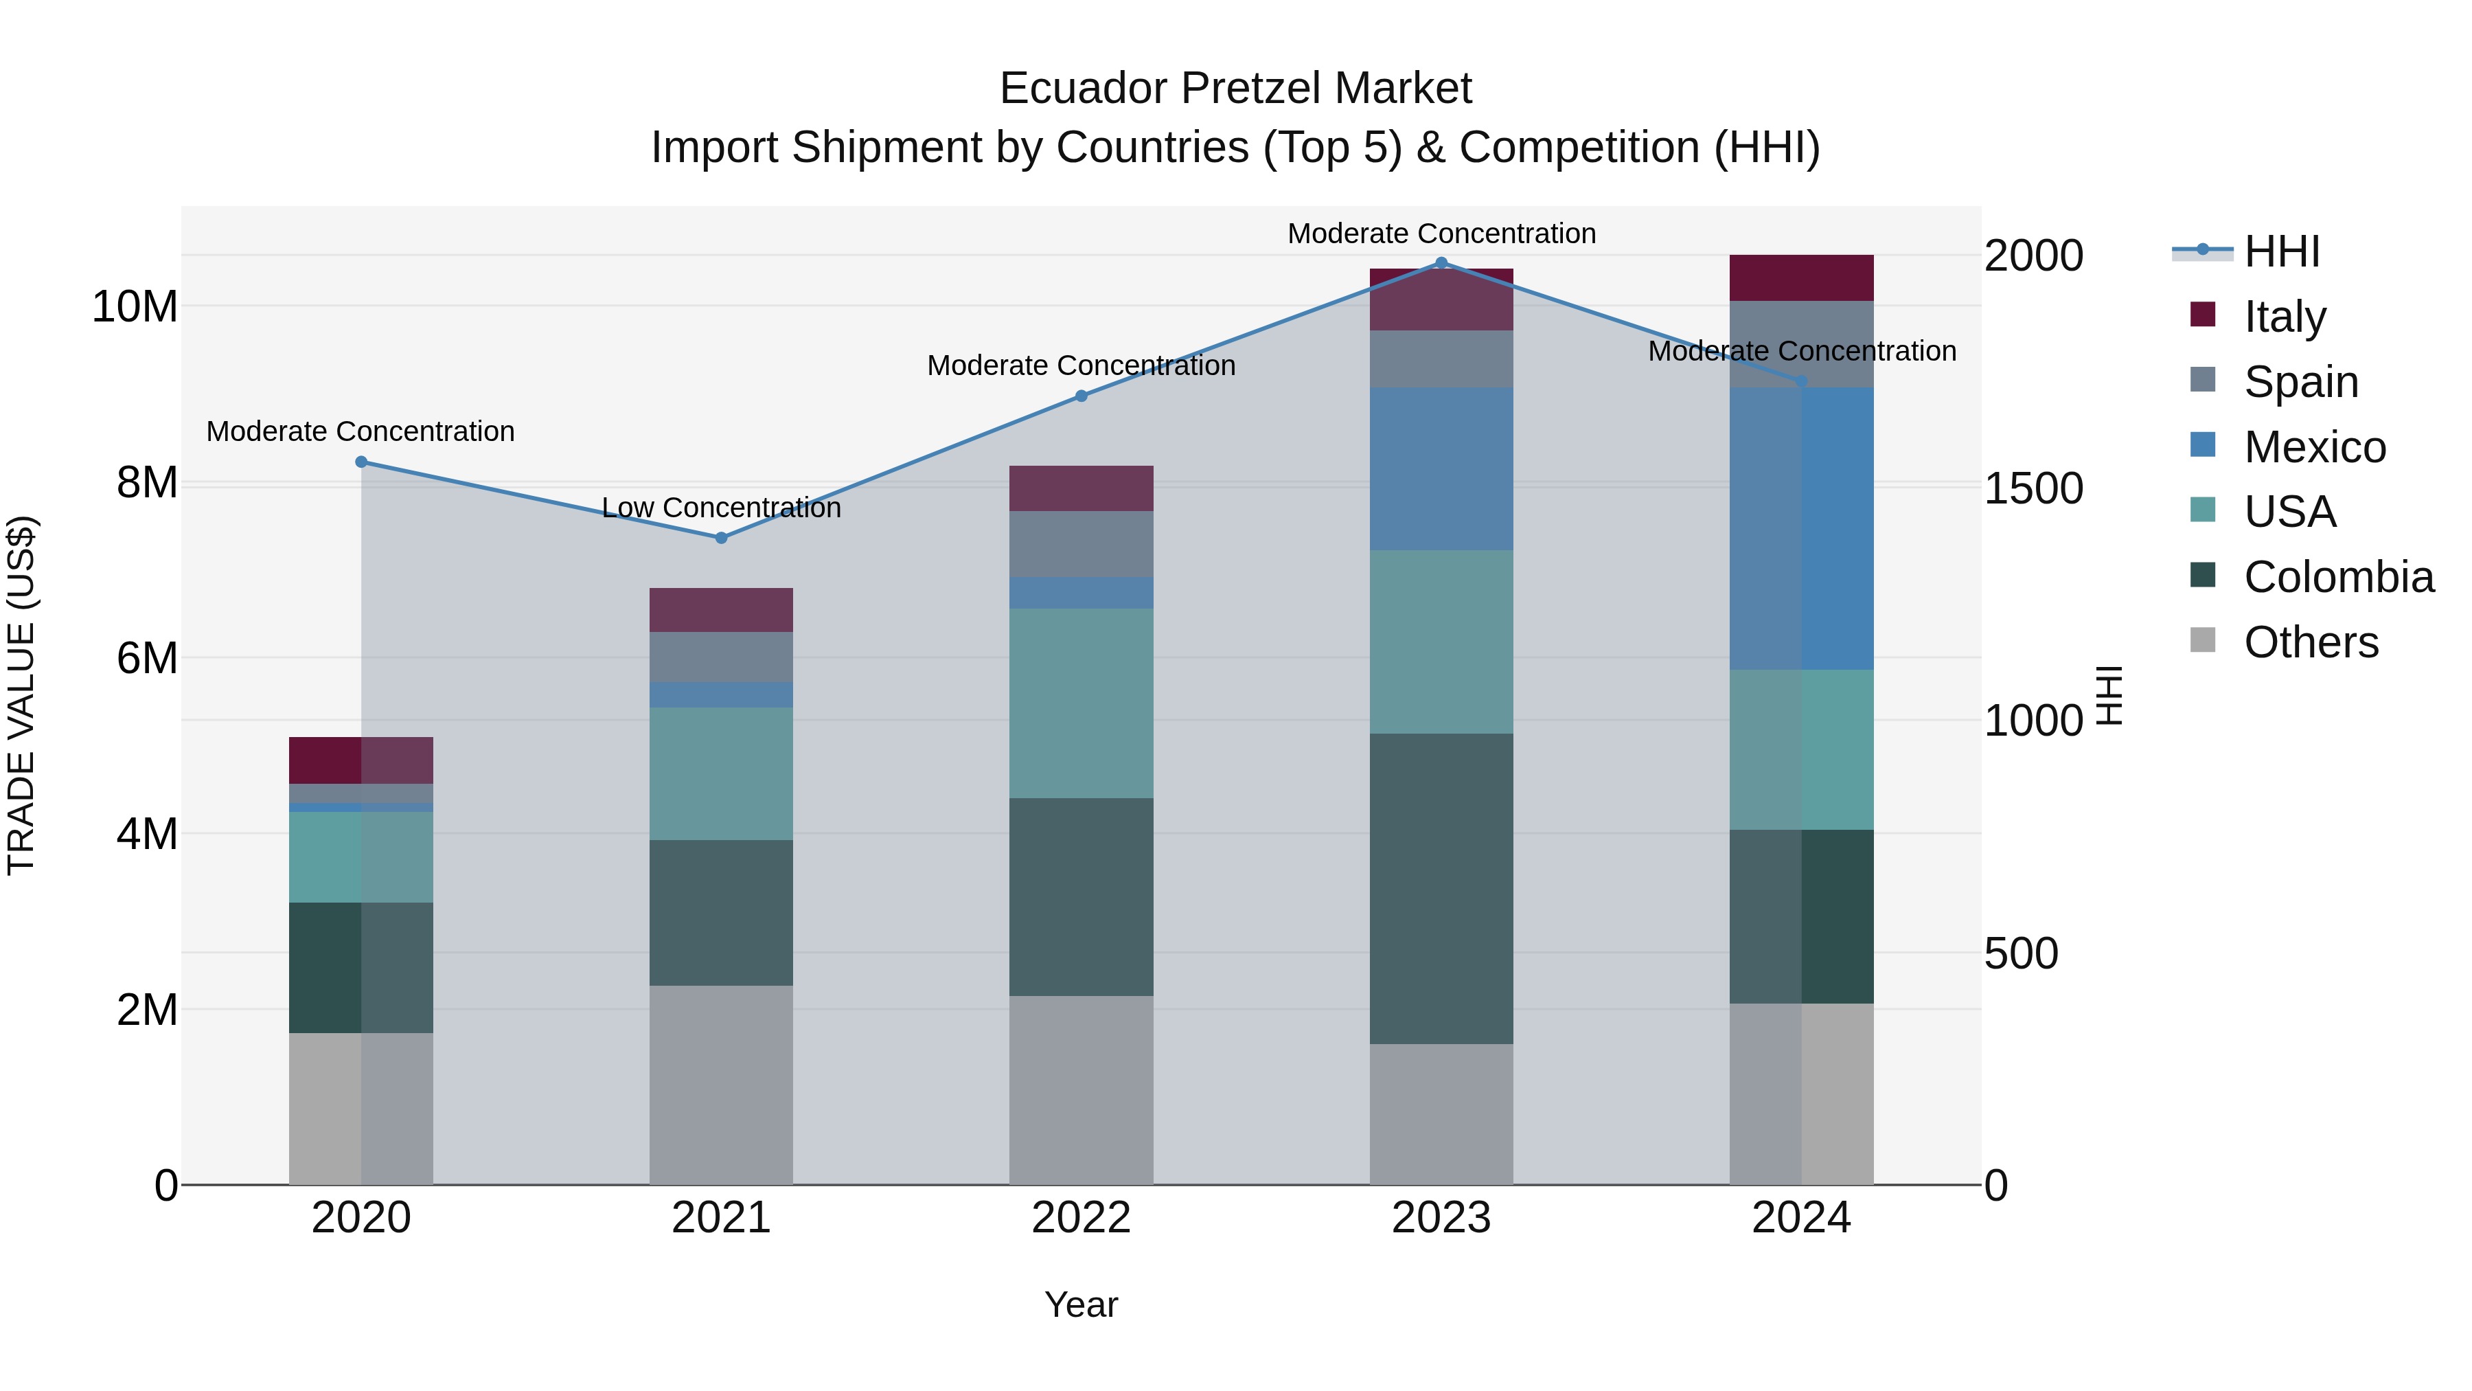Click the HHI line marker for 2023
pos(1441,263)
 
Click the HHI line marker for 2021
pos(722,538)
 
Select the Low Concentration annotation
pos(722,507)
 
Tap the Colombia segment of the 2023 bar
pos(1441,888)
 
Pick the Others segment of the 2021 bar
pos(722,1085)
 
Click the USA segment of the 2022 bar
pos(1081,703)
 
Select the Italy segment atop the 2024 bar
pos(1800,278)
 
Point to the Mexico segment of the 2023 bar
pos(1441,468)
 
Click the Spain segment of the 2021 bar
pos(722,657)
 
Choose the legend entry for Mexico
pos(2313,446)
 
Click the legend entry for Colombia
pos(2337,577)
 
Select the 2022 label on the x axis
pos(1081,1218)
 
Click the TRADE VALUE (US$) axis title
pos(21,695)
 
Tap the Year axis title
pos(1081,1304)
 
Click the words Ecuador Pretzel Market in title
pos(1235,89)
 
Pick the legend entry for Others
pos(2310,642)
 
